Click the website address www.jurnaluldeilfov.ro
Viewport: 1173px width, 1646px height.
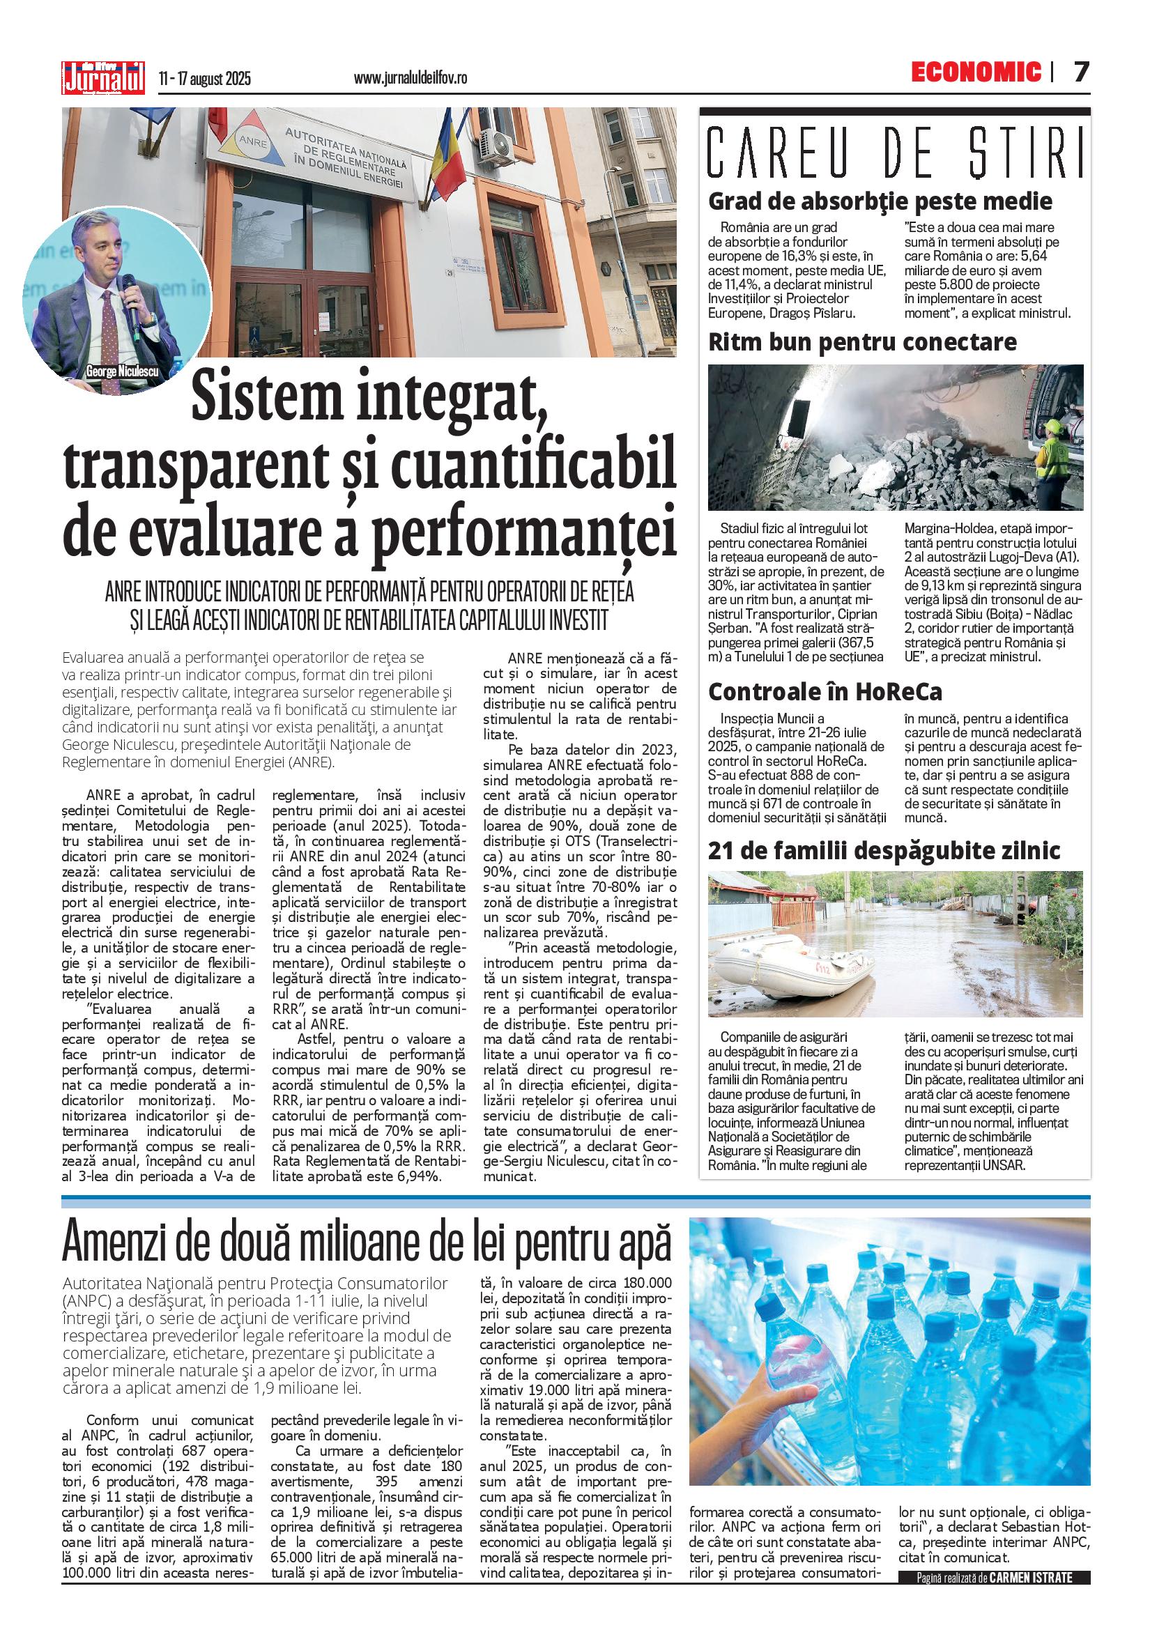tap(410, 78)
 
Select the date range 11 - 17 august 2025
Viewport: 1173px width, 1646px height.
tap(204, 78)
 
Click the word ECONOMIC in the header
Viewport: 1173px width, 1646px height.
tap(976, 72)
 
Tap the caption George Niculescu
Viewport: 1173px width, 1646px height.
tap(121, 371)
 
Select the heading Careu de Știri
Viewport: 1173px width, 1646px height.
tap(895, 153)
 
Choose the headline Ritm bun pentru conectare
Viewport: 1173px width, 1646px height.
tap(862, 341)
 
